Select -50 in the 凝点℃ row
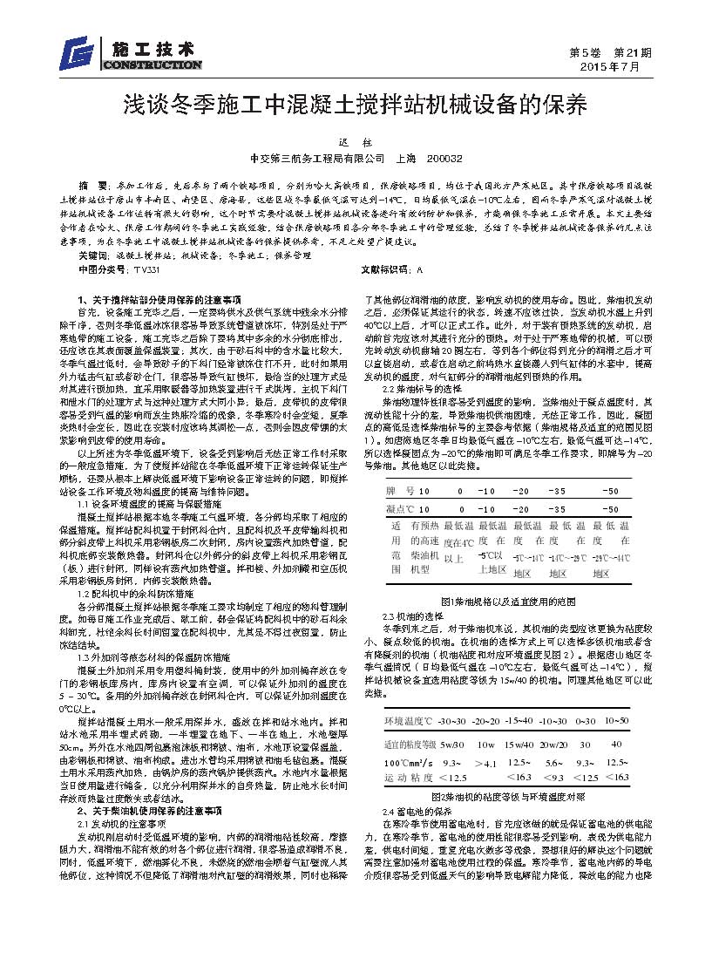coord(611,507)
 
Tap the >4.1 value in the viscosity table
coord(485,764)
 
